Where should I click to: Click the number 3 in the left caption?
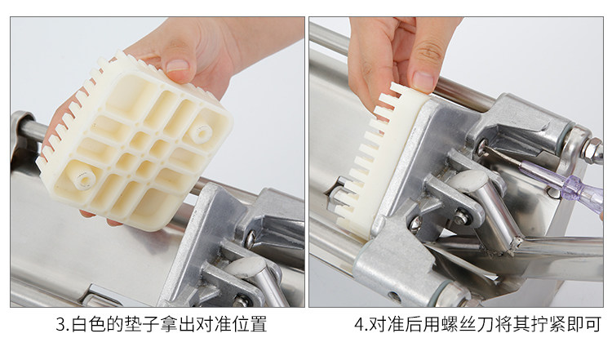pyautogui.click(x=60, y=324)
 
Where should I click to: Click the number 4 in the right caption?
pyautogui.click(x=359, y=324)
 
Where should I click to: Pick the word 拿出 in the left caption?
pyautogui.click(x=178, y=324)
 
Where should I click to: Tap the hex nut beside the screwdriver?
pyautogui.click(x=592, y=150)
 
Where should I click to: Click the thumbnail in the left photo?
pyautogui.click(x=177, y=65)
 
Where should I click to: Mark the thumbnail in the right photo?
pyautogui.click(x=424, y=81)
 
